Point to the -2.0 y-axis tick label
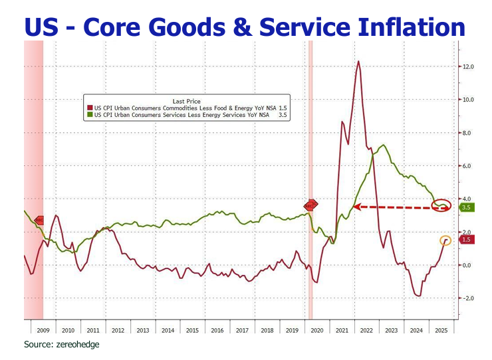point(467,298)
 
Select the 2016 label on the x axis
point(217,329)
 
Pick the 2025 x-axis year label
point(440,329)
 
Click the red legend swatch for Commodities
point(90,106)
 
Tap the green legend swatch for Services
point(90,114)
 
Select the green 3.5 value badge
point(466,207)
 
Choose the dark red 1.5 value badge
point(466,240)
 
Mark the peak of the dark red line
point(359,61)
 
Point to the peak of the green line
point(384,145)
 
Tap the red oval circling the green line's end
point(441,205)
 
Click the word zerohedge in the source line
point(80,345)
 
